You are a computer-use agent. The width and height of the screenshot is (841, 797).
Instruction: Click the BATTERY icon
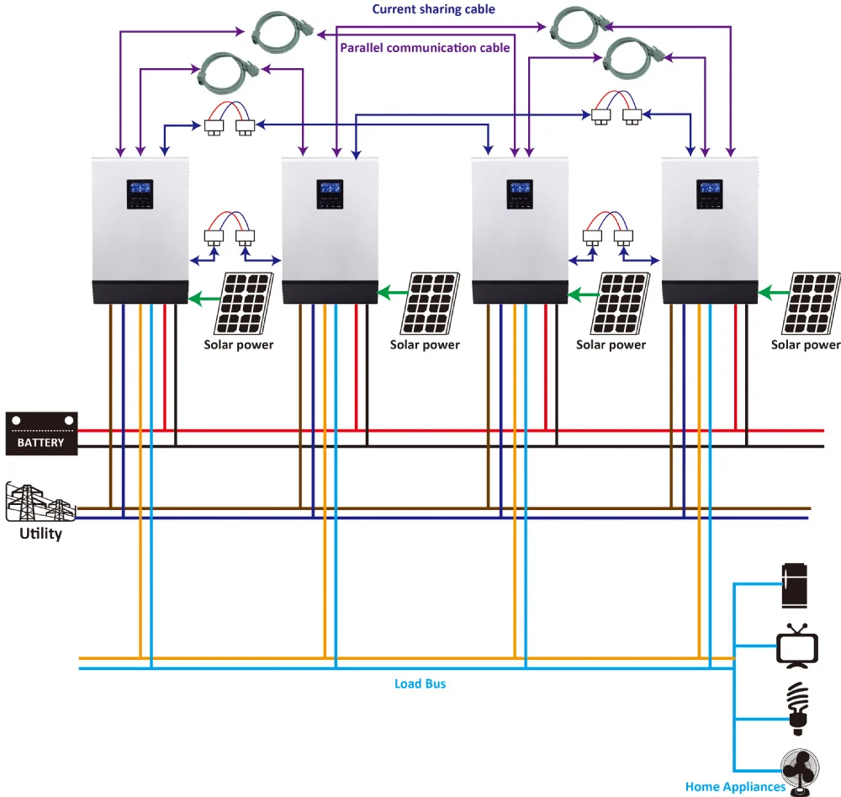pyautogui.click(x=42, y=433)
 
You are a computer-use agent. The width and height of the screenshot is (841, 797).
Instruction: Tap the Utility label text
pyautogui.click(x=41, y=534)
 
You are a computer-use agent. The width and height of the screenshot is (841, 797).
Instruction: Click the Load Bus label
pyautogui.click(x=420, y=683)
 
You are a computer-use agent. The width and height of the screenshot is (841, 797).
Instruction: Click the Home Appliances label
pyautogui.click(x=735, y=787)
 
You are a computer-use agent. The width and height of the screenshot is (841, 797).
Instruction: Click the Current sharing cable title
pyautogui.click(x=433, y=9)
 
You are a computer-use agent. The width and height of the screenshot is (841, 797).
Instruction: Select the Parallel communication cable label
pyautogui.click(x=425, y=47)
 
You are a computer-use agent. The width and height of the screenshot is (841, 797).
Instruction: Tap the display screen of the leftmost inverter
pyautogui.click(x=139, y=193)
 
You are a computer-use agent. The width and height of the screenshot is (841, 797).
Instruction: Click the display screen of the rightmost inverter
pyautogui.click(x=710, y=193)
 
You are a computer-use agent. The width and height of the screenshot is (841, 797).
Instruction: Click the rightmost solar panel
pyautogui.click(x=812, y=303)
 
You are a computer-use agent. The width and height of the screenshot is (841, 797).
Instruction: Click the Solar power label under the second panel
pyautogui.click(x=425, y=344)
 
